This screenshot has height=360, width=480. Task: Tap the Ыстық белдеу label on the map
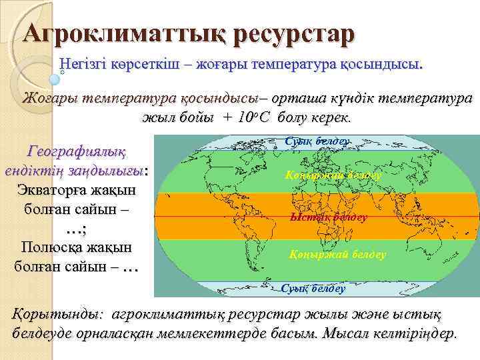[329, 217]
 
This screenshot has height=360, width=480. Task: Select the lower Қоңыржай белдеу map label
[337, 255]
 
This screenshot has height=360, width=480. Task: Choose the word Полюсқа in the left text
[53, 247]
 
